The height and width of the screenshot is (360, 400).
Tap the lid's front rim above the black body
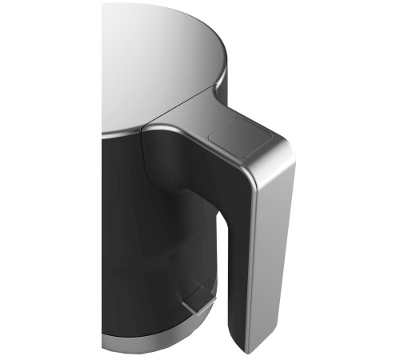tap(120, 132)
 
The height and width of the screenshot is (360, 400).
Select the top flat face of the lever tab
tap(192, 299)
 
